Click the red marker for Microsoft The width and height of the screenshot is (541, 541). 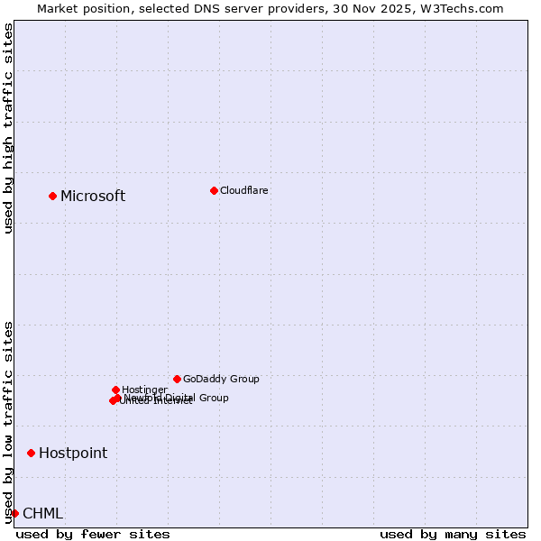52,196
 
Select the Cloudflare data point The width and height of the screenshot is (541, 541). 214,190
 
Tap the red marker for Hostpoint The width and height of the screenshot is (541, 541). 31,453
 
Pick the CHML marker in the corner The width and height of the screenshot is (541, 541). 14,513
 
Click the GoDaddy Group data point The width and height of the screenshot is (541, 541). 177,379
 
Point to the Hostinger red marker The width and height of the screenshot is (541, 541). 115,390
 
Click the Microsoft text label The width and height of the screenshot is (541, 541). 93,197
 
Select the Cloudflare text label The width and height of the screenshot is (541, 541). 244,190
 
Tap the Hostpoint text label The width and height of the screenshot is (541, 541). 73,454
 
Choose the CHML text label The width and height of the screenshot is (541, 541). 43,514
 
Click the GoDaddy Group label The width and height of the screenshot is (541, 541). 221,379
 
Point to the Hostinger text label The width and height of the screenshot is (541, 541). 144,390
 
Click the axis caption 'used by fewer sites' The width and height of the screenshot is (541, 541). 93,534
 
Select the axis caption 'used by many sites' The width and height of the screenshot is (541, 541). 453,534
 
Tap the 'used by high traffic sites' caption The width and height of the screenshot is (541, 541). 8,128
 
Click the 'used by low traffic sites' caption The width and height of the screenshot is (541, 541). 8,421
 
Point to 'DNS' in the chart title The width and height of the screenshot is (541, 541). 198,9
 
